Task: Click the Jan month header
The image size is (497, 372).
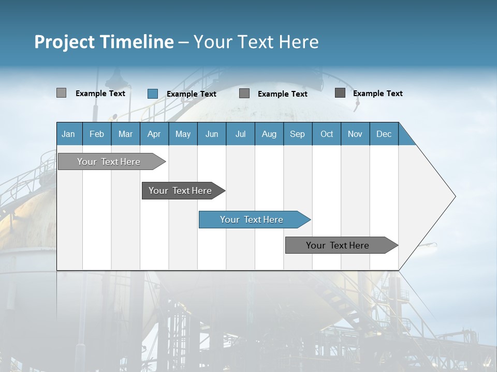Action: (69, 134)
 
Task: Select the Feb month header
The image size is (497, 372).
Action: (97, 134)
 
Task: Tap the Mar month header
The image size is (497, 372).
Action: (125, 134)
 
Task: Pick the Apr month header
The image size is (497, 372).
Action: (154, 134)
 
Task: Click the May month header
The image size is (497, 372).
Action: (183, 134)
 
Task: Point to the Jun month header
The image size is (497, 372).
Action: (212, 134)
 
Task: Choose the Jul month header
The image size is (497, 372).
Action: (240, 134)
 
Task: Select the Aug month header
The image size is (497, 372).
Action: (269, 134)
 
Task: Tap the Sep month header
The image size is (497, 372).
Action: (298, 134)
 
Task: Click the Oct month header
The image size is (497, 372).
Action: (327, 134)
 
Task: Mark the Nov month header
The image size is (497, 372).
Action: (355, 134)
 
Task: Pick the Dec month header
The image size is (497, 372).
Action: (384, 134)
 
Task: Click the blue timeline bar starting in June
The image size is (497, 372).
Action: (252, 220)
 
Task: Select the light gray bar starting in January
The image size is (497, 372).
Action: (109, 162)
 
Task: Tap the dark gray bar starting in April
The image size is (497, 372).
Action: (181, 191)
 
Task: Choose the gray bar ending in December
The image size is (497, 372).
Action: (338, 245)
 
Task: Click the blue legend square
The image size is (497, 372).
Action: (153, 94)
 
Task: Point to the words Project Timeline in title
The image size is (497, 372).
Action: (104, 42)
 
